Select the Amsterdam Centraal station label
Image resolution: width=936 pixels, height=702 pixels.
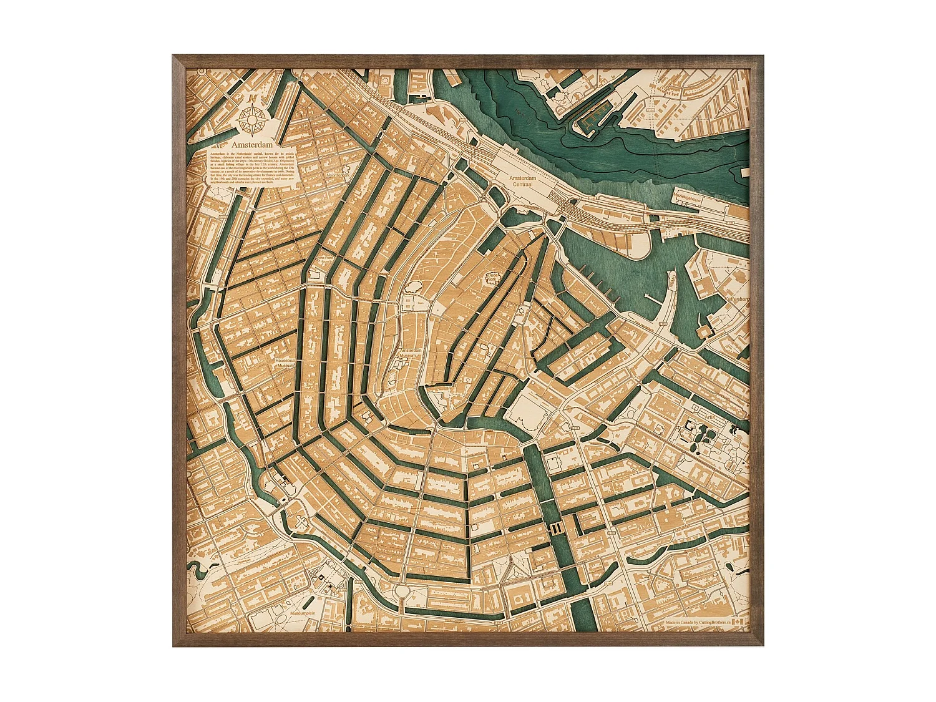click(522, 182)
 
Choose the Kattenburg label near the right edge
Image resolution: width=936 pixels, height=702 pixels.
click(736, 300)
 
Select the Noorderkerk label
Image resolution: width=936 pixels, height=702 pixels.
click(339, 176)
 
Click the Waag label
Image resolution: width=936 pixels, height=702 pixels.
click(519, 316)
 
